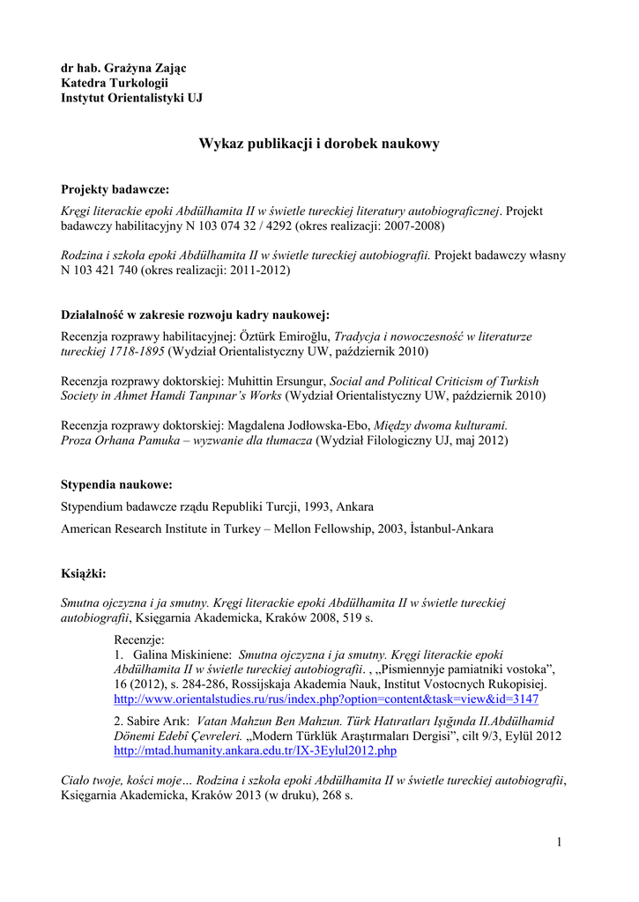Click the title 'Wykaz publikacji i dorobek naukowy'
click(318, 144)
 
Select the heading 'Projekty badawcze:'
click(115, 189)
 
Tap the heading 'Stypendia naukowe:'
click(116, 484)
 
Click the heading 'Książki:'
click(83, 573)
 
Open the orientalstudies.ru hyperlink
click(326, 699)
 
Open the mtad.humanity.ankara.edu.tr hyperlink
click(256, 750)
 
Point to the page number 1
click(559, 843)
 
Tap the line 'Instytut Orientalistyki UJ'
click(131, 98)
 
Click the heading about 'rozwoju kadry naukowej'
click(195, 315)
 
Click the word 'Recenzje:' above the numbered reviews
click(140, 640)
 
